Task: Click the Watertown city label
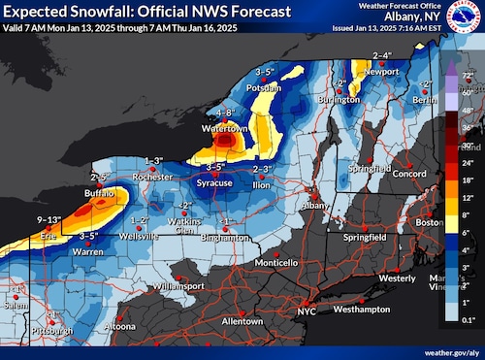click(221, 128)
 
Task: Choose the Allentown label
click(242, 320)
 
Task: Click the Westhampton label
click(361, 309)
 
